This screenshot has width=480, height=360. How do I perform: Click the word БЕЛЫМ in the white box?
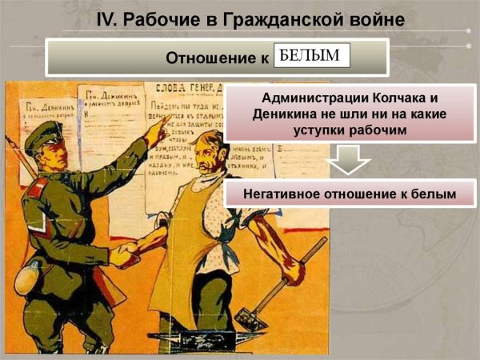(x=311, y=55)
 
